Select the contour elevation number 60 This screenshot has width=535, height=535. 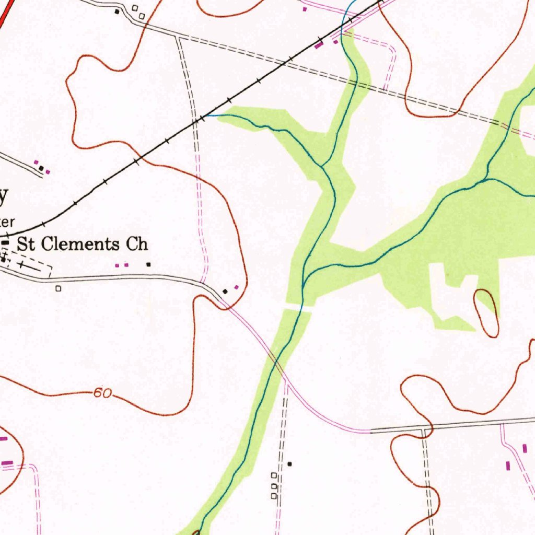coord(103,393)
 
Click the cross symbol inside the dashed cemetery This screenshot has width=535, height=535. coord(21,266)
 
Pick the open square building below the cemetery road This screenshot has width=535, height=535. coord(59,288)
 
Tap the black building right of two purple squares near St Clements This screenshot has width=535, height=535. coord(148,264)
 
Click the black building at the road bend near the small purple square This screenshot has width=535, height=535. coord(225,290)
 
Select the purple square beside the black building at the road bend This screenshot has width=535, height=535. coord(236,287)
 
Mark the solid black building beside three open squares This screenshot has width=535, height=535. coord(289,463)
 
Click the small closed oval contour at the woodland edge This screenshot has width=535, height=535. coord(486,312)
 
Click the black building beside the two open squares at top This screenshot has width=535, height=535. coord(117,11)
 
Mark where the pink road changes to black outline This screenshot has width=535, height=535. coord(370,432)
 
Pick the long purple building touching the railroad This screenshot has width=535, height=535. coord(318,46)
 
